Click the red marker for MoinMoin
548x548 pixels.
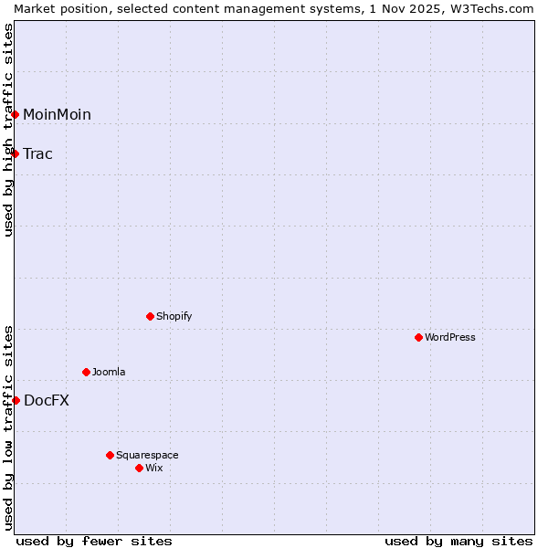pyautogui.click(x=16, y=114)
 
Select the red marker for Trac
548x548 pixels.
pyautogui.click(x=16, y=153)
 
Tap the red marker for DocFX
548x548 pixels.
pyautogui.click(x=16, y=400)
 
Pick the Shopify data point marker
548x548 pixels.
pyautogui.click(x=150, y=316)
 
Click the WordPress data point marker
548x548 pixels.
pyautogui.click(x=418, y=337)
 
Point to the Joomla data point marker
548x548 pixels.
pyautogui.click(x=86, y=372)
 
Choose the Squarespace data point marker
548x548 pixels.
pyautogui.click(x=110, y=455)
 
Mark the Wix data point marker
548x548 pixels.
pyautogui.click(x=139, y=468)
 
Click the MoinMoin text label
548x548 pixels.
pyautogui.click(x=57, y=114)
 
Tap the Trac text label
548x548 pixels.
pyautogui.click(x=37, y=153)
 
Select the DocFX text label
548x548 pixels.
pyautogui.click(x=46, y=400)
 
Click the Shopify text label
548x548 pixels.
pyautogui.click(x=174, y=316)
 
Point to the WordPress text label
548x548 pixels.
pyautogui.click(x=449, y=337)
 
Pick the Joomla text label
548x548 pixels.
pyautogui.click(x=109, y=372)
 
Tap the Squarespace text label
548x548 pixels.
pyautogui.click(x=147, y=455)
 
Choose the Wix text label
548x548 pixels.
pyautogui.click(x=153, y=468)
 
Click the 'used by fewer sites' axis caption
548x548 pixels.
pyautogui.click(x=94, y=541)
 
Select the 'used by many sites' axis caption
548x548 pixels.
pyautogui.click(x=458, y=541)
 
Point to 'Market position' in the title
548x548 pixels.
pyautogui.click(x=58, y=8)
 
